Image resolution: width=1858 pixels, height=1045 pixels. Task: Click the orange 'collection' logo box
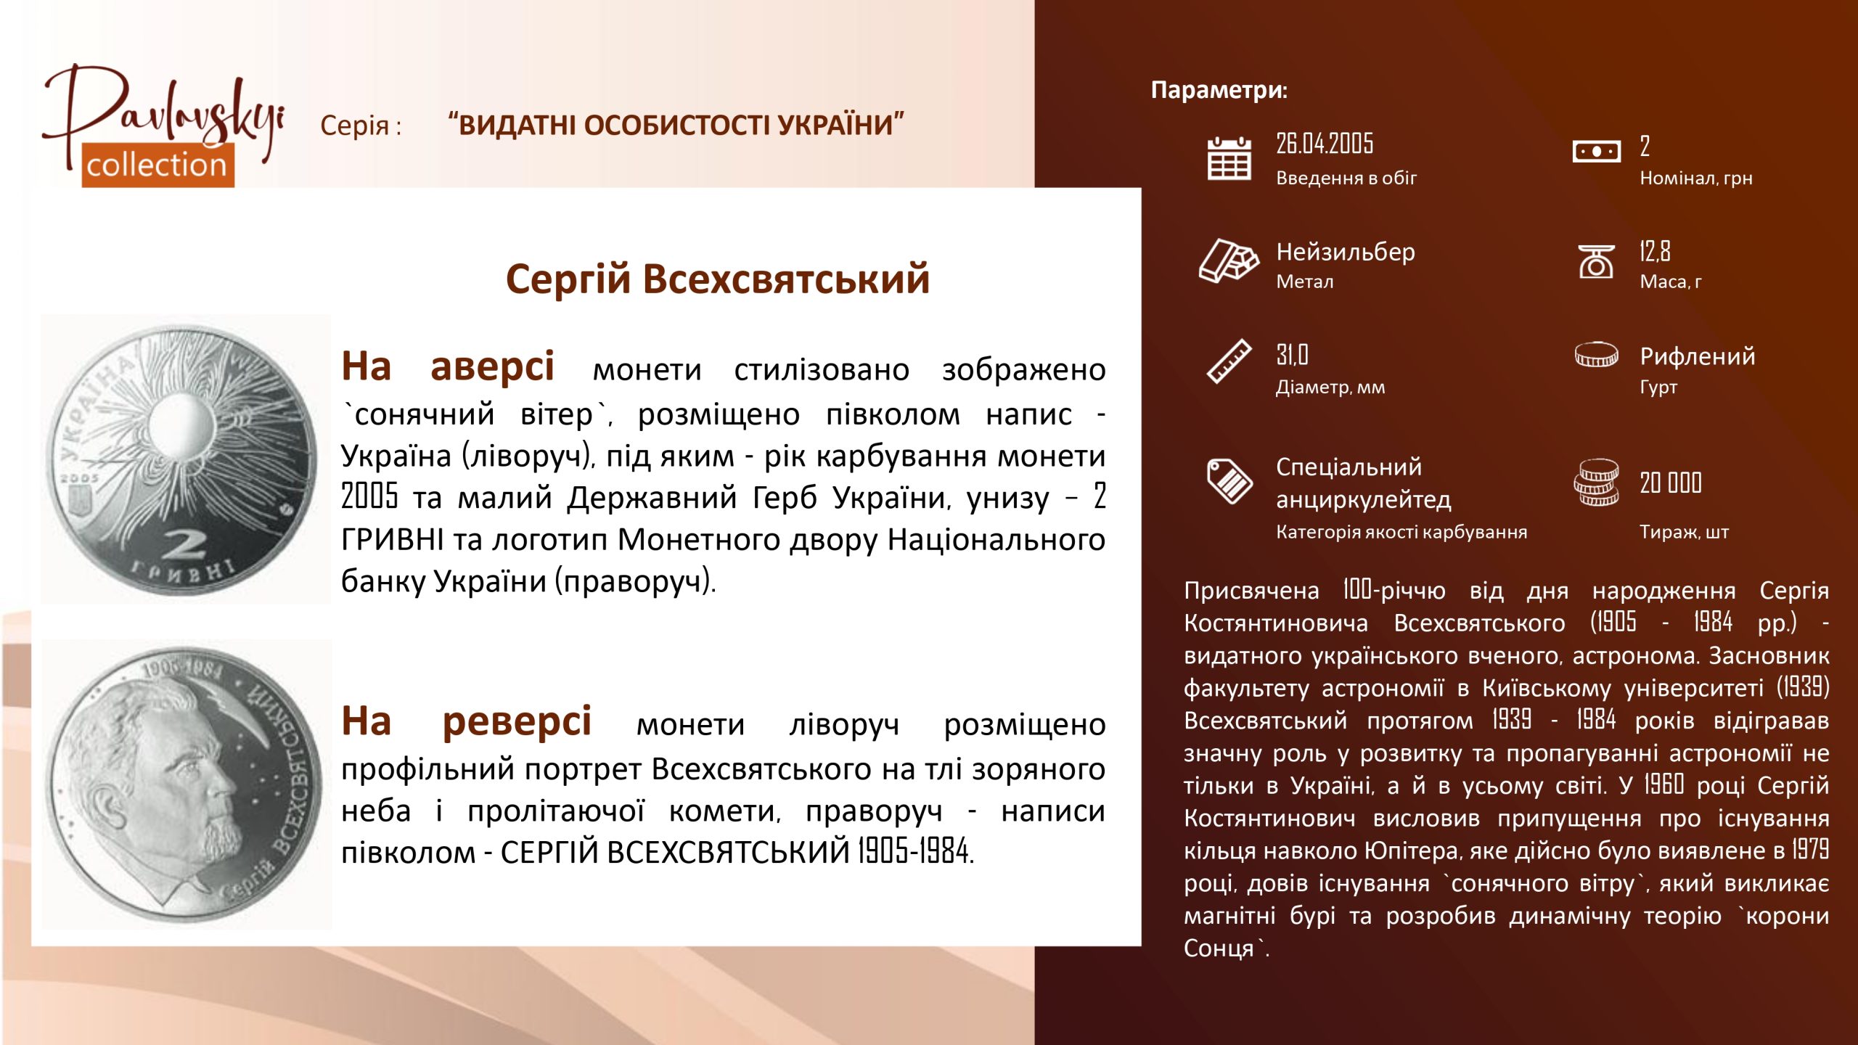[157, 165]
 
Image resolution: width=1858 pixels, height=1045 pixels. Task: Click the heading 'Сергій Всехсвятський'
[718, 279]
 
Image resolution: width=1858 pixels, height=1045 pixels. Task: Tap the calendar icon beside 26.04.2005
[1229, 157]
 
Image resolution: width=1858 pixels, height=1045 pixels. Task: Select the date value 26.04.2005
[1325, 144]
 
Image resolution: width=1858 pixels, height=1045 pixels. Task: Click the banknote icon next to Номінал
[1596, 152]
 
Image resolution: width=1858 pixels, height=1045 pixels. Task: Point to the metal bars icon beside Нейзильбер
[1229, 260]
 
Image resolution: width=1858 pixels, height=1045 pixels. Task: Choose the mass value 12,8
[1655, 251]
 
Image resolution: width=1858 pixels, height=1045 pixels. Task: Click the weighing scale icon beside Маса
[1596, 261]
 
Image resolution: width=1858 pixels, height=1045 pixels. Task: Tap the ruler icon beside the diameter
[1229, 361]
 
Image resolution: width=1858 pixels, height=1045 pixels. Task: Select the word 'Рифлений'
[1697, 356]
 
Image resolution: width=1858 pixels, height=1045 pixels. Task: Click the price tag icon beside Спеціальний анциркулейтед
[1229, 480]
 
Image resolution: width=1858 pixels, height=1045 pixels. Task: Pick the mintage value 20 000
[1671, 483]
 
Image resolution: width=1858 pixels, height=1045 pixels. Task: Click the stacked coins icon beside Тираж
[1596, 482]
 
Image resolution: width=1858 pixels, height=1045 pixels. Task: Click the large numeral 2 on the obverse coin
[184, 545]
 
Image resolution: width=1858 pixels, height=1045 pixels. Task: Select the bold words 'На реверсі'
[467, 721]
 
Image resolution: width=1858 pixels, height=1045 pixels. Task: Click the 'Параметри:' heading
[1219, 90]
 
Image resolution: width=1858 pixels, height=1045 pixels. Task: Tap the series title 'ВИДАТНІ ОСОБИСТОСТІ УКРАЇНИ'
[676, 125]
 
